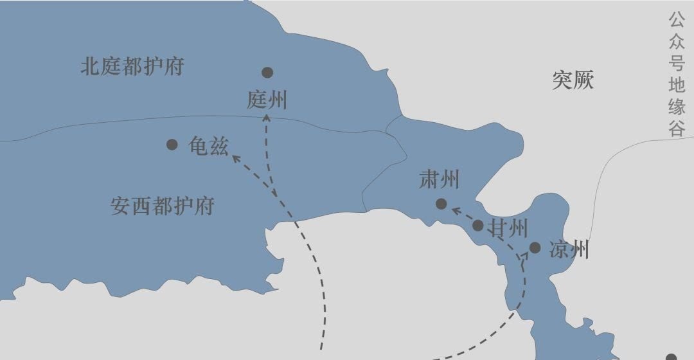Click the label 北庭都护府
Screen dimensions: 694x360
tap(132, 67)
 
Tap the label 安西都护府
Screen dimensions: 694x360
tap(162, 206)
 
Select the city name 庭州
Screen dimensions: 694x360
tap(267, 100)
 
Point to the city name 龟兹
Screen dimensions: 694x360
tap(208, 146)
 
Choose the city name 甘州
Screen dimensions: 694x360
tap(509, 228)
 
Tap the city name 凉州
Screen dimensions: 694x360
tap(569, 250)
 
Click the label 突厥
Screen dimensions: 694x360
tap(573, 80)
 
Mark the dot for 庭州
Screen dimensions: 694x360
tap(267, 73)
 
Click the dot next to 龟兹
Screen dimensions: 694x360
tap(172, 145)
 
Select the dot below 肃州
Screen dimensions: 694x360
tap(441, 204)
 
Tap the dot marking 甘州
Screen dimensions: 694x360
tap(477, 225)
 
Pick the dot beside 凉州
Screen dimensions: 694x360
tap(535, 248)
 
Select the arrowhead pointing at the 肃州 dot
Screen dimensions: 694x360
tap(454, 209)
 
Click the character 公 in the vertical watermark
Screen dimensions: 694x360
tap(677, 19)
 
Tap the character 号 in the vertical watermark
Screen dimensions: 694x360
tap(677, 62)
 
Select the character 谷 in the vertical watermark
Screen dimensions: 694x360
tap(677, 128)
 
